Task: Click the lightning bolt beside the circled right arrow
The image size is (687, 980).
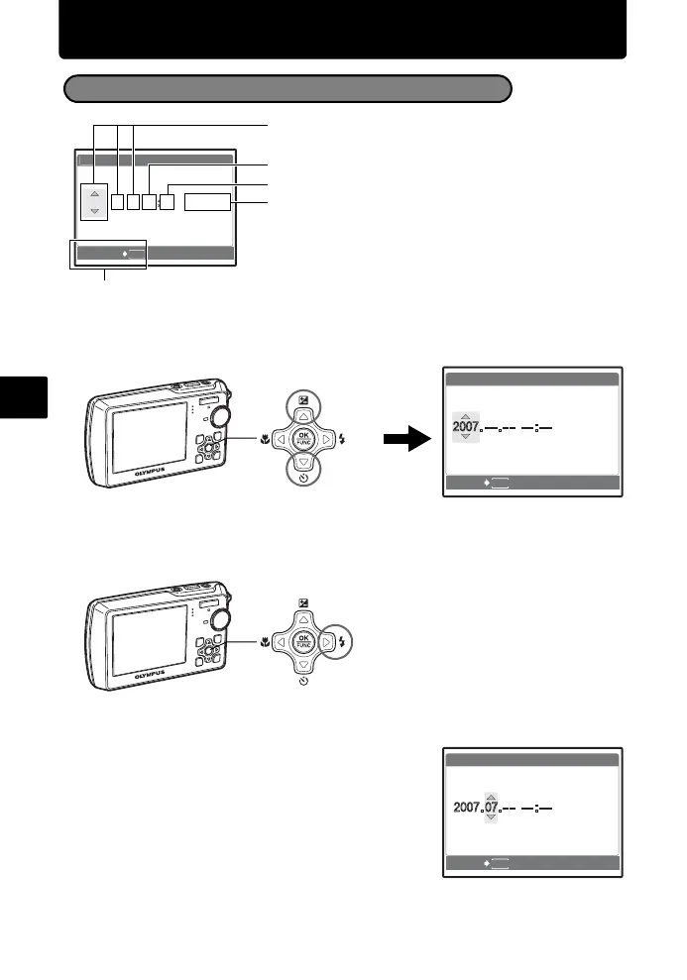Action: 340,641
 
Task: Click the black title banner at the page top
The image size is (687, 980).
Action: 343,30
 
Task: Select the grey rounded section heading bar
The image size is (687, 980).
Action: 287,89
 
